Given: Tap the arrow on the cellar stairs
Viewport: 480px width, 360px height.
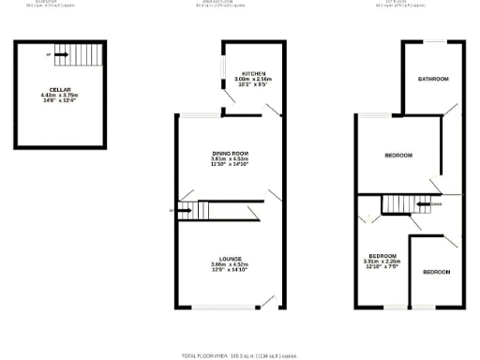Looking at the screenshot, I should (60, 54).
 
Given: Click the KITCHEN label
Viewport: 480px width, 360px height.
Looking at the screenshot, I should (254, 74).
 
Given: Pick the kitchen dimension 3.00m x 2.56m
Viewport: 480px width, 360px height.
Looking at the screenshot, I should (254, 80).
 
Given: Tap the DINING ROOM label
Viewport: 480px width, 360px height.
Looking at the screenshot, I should (228, 153).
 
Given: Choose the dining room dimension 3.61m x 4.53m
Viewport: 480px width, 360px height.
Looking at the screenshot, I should (228, 158).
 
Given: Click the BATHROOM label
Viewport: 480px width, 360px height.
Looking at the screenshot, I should (433, 79).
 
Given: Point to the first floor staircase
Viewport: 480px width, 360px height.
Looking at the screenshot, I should (397, 206).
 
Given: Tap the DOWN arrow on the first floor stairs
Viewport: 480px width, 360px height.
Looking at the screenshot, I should (432, 203).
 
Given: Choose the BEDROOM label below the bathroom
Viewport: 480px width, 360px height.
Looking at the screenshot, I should (398, 155).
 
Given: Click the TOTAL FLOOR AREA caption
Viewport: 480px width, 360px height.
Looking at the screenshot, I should (239, 356).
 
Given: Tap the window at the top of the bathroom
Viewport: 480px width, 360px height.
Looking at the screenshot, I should (433, 41).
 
